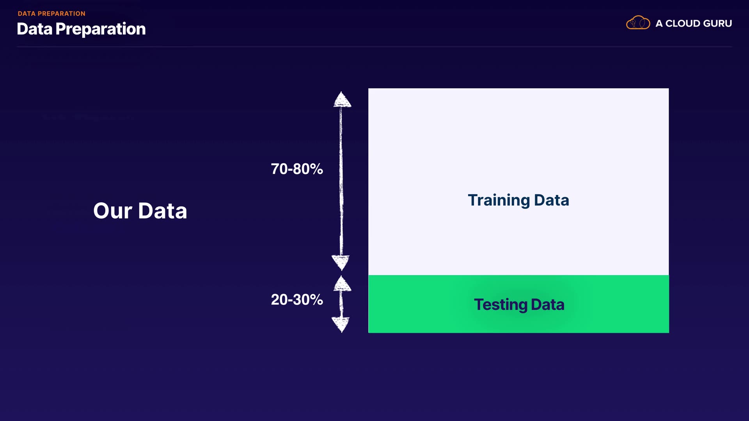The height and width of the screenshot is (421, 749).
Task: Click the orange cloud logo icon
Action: (638, 23)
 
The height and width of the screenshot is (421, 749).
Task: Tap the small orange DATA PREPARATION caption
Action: (51, 14)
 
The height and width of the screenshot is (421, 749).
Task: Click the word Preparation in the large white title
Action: (101, 29)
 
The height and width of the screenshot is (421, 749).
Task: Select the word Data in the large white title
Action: (34, 29)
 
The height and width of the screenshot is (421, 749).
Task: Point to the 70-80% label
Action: (297, 169)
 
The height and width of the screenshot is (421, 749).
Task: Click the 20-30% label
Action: (297, 299)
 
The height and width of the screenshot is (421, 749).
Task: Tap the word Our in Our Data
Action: (113, 211)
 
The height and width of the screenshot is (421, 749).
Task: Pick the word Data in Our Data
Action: (163, 211)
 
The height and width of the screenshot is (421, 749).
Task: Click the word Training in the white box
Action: (499, 200)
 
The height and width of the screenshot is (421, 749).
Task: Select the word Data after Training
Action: (552, 200)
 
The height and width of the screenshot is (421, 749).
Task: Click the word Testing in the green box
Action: (501, 305)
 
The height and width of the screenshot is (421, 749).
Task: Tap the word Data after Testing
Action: (548, 304)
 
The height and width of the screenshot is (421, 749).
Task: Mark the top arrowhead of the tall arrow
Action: (342, 99)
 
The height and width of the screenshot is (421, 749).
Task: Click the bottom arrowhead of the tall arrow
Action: (341, 263)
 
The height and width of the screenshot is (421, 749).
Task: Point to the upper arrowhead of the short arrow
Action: (342, 283)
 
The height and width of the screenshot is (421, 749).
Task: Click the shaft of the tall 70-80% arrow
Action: (341, 181)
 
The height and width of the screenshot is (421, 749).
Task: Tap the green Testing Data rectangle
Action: (518, 304)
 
